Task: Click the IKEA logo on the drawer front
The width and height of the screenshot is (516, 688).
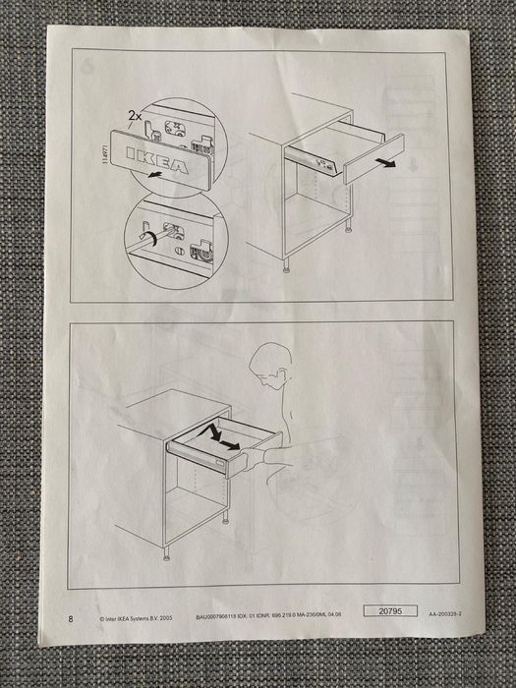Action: (158, 161)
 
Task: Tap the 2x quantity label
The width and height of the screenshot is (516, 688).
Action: (134, 116)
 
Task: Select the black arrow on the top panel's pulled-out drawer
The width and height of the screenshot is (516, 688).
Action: (388, 164)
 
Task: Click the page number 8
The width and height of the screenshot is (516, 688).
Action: (70, 618)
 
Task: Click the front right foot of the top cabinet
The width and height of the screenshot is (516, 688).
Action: (285, 262)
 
